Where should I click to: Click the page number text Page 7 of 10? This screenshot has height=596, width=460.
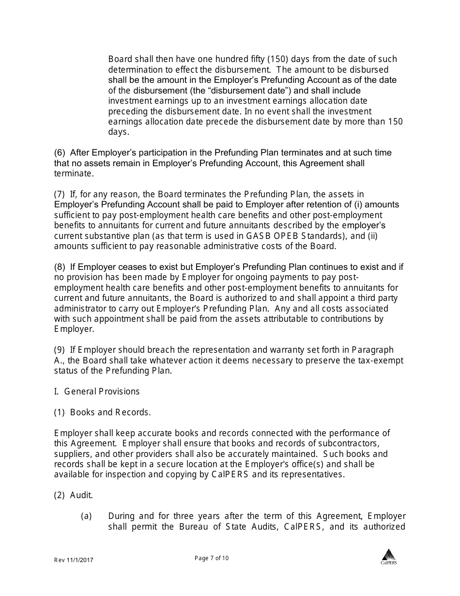pyautogui.click(x=212, y=558)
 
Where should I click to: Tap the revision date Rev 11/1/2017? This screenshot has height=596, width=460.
pyautogui.click(x=74, y=560)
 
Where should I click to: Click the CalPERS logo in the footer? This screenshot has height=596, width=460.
pyautogui.click(x=388, y=557)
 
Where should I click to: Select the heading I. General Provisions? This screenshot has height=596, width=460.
pyautogui.click(x=97, y=391)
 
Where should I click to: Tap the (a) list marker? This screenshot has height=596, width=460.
pyautogui.click(x=86, y=516)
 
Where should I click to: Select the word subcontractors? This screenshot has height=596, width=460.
pyautogui.click(x=351, y=443)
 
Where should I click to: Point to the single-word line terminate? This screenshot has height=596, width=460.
pyautogui.click(x=73, y=173)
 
